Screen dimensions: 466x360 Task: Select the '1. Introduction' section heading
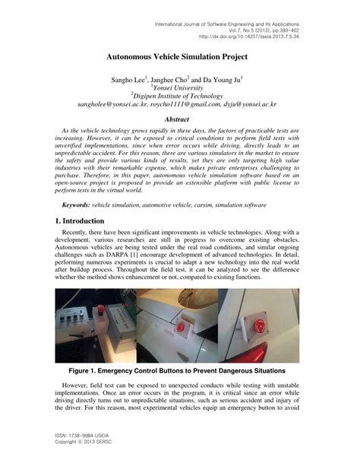click(x=84, y=220)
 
